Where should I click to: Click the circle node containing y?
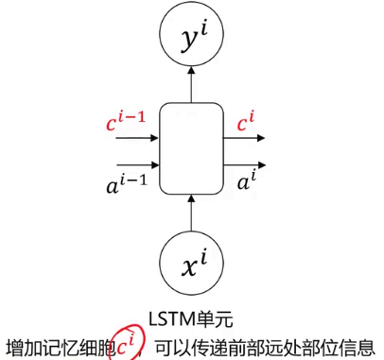[193, 38]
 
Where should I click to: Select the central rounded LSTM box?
[192, 147]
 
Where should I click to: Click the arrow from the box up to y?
[193, 86]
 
